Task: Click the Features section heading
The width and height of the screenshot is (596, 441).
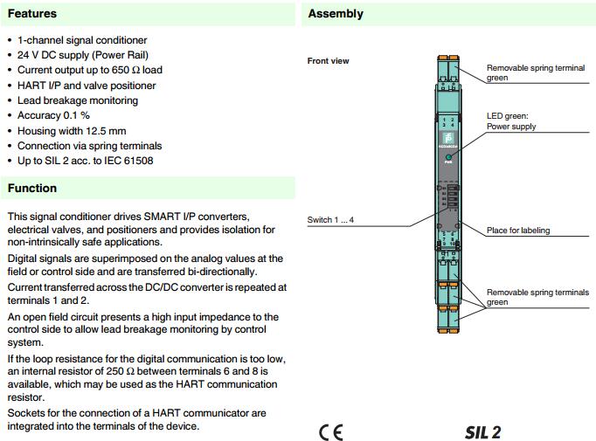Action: (32, 14)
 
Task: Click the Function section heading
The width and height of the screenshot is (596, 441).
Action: (32, 188)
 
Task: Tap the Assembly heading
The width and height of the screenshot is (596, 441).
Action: (336, 14)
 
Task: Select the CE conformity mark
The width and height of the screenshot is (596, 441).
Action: (331, 432)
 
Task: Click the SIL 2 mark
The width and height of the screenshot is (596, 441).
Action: (483, 432)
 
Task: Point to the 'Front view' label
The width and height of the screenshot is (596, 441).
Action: (329, 61)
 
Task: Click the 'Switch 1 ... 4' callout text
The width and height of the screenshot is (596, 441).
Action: (331, 219)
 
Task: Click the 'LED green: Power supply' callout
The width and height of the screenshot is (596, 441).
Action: (511, 121)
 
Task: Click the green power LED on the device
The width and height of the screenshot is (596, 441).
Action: (448, 155)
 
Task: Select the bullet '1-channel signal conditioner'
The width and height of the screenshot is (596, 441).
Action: (82, 40)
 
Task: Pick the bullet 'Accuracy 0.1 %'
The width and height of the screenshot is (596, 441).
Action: (54, 115)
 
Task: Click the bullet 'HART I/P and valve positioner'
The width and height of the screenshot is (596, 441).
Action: (87, 86)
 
